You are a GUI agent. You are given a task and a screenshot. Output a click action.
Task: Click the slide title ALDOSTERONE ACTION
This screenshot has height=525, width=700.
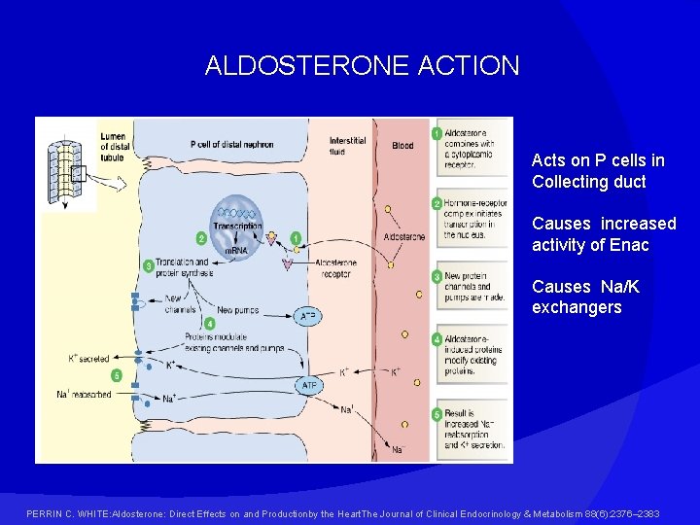[362, 66]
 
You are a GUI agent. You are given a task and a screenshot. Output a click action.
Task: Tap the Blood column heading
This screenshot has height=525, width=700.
[402, 146]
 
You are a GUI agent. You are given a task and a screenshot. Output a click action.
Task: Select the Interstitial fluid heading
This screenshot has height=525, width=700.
[347, 146]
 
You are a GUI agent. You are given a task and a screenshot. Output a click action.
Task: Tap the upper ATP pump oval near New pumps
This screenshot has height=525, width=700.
[307, 316]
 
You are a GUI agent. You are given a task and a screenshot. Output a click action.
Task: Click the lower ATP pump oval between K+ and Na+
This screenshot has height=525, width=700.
[309, 386]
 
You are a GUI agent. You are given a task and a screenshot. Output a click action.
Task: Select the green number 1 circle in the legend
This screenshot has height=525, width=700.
[437, 132]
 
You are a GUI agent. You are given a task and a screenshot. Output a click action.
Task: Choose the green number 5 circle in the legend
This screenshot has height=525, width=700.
[437, 414]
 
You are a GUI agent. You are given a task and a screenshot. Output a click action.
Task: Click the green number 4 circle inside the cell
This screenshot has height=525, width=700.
[210, 323]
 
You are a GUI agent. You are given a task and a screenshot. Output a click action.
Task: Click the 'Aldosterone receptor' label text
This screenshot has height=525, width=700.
[335, 268]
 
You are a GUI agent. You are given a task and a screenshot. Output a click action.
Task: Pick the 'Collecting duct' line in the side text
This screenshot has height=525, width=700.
[588, 182]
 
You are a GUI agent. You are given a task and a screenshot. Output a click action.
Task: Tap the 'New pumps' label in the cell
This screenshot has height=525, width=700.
[237, 309]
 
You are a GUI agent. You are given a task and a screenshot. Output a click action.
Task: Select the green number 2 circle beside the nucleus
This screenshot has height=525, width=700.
[201, 238]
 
